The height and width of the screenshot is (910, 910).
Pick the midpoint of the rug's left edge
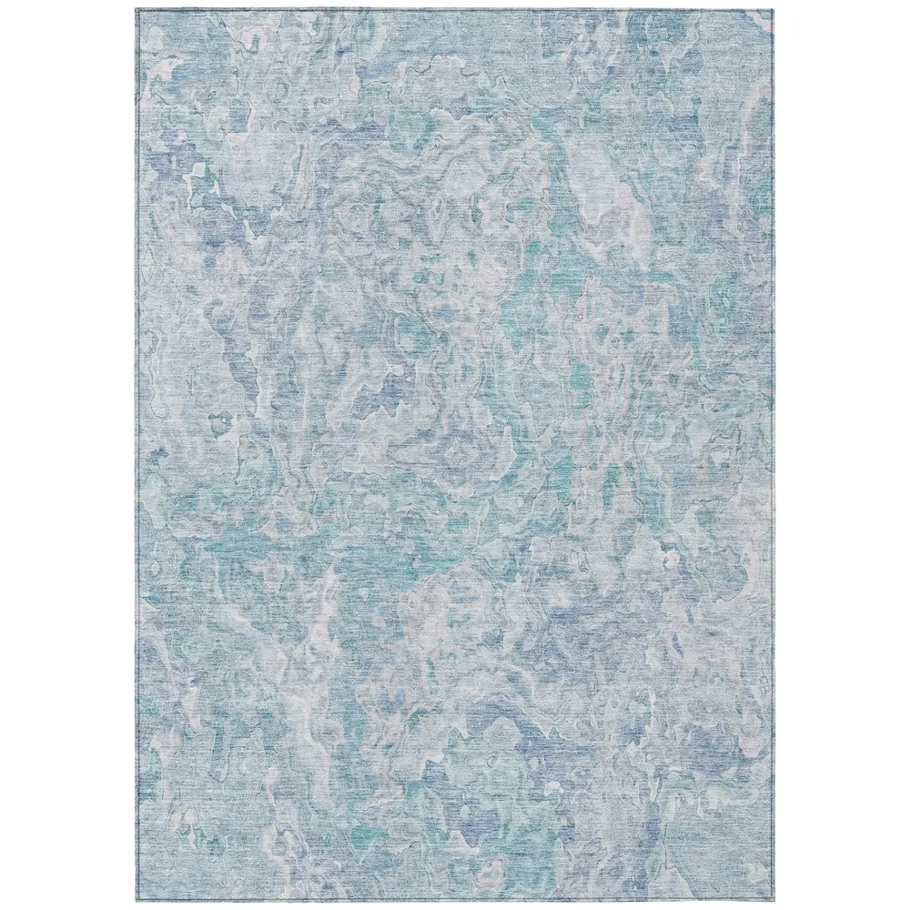137,455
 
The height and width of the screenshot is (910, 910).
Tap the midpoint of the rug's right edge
772,455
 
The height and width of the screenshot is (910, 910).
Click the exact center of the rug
455,455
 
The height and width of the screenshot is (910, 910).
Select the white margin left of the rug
68,455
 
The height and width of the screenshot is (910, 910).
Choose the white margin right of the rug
841,455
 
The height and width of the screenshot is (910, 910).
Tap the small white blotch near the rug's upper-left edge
197,173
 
